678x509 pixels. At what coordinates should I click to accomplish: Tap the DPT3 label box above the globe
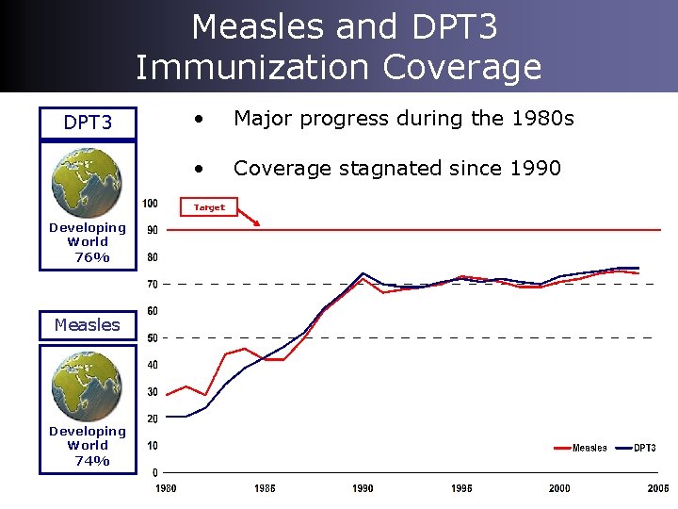(88, 123)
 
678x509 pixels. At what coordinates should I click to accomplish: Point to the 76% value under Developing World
(91, 257)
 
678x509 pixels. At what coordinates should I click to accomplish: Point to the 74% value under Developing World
(91, 461)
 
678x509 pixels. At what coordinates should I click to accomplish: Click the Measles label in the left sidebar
(88, 325)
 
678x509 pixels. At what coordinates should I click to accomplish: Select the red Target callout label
(209, 207)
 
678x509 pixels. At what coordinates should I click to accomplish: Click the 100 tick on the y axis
(150, 204)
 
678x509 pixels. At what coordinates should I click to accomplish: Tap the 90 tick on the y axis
(152, 230)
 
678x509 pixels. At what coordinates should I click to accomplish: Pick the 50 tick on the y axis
(152, 337)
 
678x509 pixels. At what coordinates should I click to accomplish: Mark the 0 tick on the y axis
(154, 472)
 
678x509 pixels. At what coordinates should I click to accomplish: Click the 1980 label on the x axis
(166, 488)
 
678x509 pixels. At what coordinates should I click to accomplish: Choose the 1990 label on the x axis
(363, 488)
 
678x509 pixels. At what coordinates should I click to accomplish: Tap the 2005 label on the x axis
(657, 488)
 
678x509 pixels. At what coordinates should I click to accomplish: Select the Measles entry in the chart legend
(589, 448)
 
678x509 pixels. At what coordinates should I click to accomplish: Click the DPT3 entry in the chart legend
(645, 448)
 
